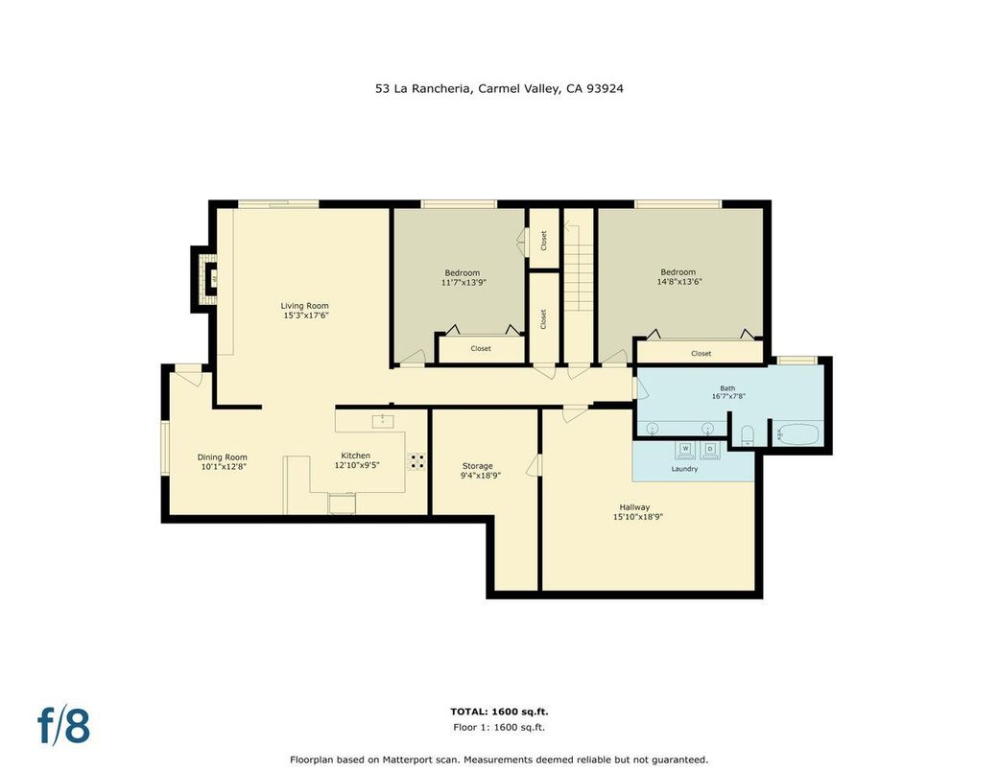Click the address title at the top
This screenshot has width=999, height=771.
(499, 88)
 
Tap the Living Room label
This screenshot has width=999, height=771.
(304, 306)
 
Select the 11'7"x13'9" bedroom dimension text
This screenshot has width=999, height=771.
(464, 283)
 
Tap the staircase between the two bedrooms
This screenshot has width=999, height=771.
(578, 288)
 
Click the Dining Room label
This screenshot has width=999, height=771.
(223, 457)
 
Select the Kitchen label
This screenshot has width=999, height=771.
(355, 456)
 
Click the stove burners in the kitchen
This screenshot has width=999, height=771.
(417, 460)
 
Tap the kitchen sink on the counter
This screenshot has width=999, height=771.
(383, 420)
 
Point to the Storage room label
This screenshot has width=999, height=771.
(477, 466)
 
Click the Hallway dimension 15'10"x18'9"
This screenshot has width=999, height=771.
(638, 517)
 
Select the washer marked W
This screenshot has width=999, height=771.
(686, 449)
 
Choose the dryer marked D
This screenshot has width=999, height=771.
(711, 449)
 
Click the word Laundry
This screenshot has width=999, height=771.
(684, 469)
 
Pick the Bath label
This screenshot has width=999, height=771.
(727, 388)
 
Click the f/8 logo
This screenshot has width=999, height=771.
(64, 726)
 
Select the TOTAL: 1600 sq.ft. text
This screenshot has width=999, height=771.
(499, 712)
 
